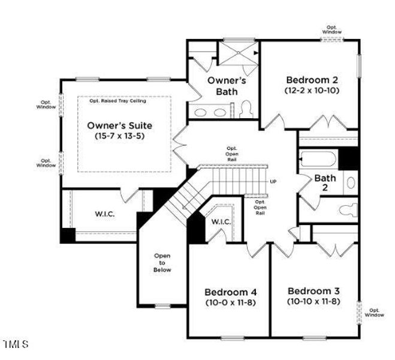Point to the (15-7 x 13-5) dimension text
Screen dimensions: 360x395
[x=119, y=136]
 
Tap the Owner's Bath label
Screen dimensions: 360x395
[x=222, y=85]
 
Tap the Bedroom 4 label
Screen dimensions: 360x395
[x=230, y=291]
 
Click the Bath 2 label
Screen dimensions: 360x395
[x=325, y=182]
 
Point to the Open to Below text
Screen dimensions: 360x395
[x=162, y=263]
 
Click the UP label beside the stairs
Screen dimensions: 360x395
[x=273, y=182]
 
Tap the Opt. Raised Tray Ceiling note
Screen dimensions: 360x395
[x=117, y=100]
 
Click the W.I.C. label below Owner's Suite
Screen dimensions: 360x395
[x=104, y=214]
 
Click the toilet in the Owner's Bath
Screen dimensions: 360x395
[x=245, y=109]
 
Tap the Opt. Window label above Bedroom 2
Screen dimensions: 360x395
[x=333, y=29]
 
